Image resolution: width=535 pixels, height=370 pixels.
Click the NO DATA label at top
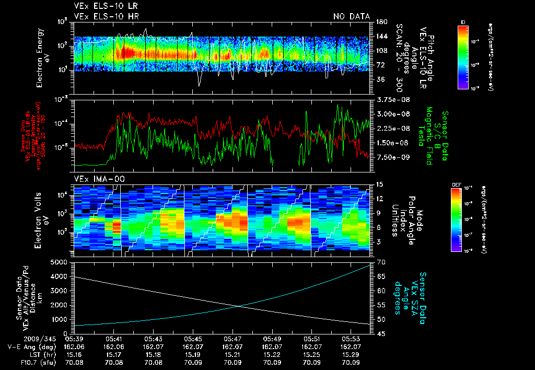[x=352, y=16]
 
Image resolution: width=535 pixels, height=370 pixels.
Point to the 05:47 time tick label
[x=233, y=338]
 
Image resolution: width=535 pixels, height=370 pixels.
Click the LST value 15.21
[x=233, y=354]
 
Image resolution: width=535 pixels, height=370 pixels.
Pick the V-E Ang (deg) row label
[x=29, y=346]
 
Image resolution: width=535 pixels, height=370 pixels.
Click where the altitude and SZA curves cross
[x=239, y=307]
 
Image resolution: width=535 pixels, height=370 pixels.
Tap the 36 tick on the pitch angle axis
[x=380, y=79]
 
